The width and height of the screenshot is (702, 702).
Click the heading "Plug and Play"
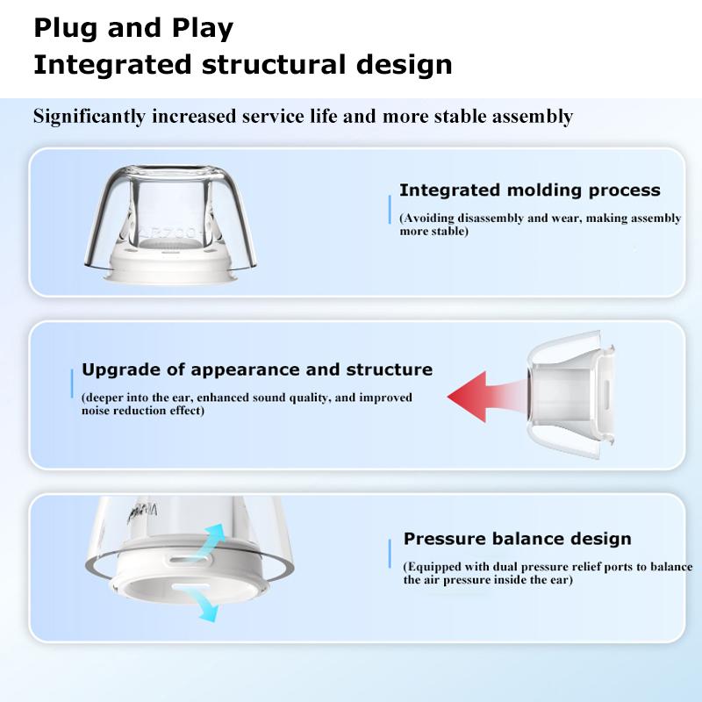(133, 28)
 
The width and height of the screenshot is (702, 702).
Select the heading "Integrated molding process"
(529, 190)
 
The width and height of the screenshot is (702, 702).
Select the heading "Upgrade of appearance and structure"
(257, 369)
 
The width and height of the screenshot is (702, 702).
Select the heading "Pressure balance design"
(517, 539)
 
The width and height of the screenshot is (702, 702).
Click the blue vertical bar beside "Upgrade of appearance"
(71, 383)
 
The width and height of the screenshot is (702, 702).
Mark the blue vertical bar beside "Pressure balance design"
(390, 555)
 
